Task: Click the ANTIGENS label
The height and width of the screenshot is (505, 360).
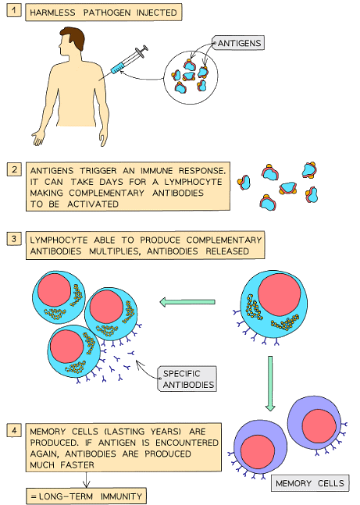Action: [237, 41]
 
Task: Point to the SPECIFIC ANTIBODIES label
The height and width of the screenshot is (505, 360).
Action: [187, 379]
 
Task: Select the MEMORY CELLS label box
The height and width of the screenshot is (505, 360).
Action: [310, 483]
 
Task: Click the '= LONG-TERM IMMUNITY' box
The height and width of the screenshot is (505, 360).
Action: [86, 495]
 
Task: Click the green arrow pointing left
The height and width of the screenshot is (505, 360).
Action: [187, 301]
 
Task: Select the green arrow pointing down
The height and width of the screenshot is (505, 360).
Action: [269, 383]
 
